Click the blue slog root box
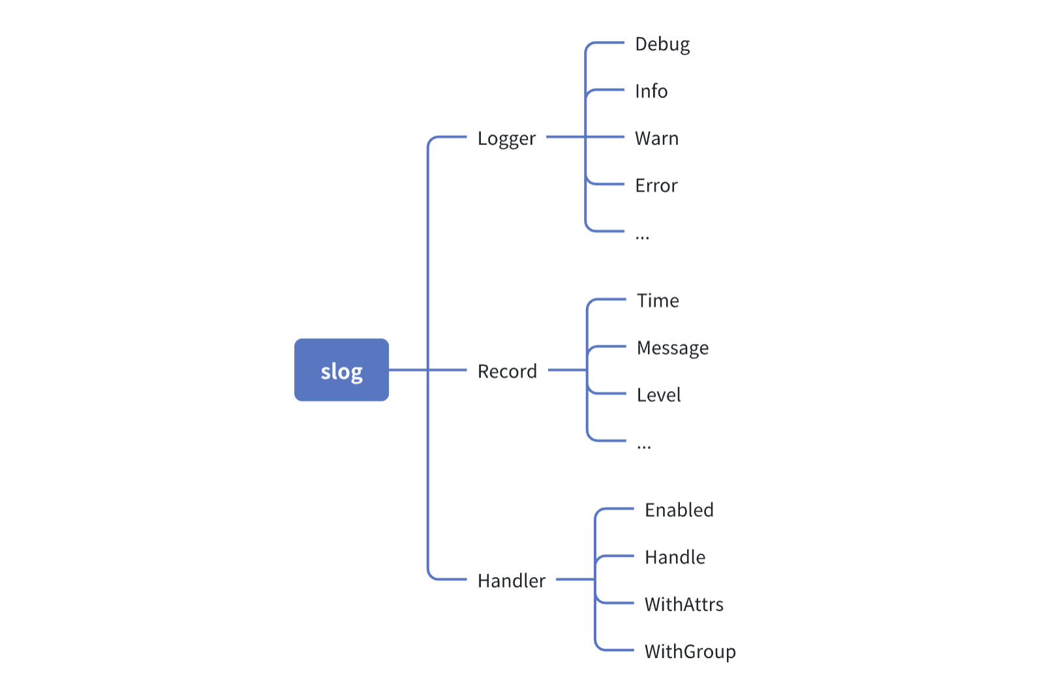341,370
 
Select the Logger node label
506,138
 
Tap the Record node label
507,371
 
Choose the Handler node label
511,580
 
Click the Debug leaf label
662,44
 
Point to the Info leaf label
651,91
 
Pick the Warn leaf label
656,138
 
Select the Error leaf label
656,186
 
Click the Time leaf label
658,301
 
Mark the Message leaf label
673,348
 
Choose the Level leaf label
658,395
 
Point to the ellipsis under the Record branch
644,447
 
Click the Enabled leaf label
679,510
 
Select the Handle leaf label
675,558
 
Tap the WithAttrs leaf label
684,605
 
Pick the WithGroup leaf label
690,652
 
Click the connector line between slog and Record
408,370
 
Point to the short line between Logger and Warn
565,137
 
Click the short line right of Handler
575,579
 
